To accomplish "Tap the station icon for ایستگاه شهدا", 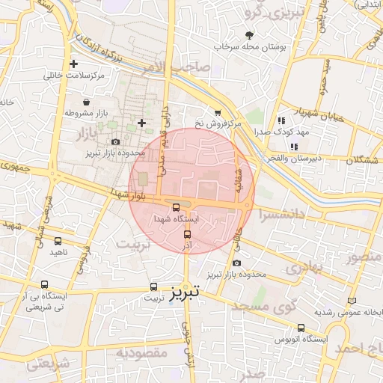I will point(176,207).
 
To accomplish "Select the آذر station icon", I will point(187,234).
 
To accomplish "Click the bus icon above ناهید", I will point(58,241).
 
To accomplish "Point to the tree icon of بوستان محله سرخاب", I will point(249,35).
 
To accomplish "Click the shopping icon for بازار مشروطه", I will point(88,102).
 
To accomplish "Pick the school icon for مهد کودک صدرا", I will point(281,120).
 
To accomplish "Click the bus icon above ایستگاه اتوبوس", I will point(301,328).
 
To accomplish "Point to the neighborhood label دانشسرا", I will point(283,213).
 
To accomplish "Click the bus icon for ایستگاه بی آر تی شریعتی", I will point(45,285).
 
